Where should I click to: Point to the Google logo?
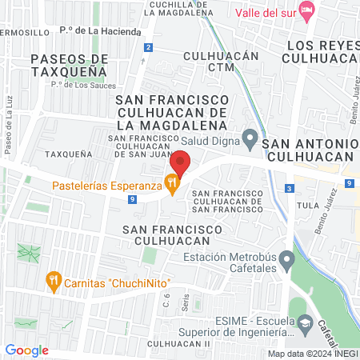tap(26, 350)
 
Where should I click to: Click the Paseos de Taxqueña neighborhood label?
tap(70, 65)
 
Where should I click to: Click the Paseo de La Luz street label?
tap(10, 132)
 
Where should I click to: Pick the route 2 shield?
tap(149, 48)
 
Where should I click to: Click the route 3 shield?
tap(288, 188)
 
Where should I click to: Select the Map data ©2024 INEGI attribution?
tap(312, 354)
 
